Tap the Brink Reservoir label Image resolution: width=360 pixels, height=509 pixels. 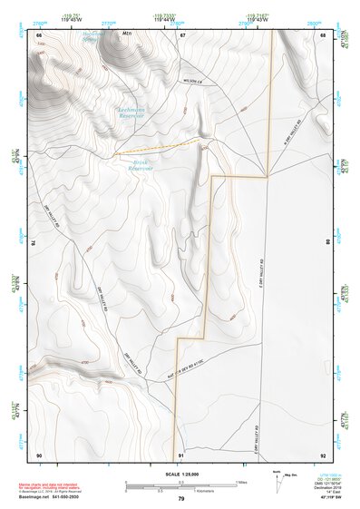(x=139, y=165)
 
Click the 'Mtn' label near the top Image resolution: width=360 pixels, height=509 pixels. (x=127, y=35)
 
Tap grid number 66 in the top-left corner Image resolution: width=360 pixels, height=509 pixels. (x=39, y=35)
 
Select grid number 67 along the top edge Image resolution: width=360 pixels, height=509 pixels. (x=182, y=35)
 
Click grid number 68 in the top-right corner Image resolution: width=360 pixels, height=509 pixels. (x=323, y=35)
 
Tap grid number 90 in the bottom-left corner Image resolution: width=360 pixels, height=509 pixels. (x=39, y=455)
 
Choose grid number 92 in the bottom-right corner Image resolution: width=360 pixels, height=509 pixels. (x=323, y=455)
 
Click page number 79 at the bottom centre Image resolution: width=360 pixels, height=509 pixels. (x=181, y=499)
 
